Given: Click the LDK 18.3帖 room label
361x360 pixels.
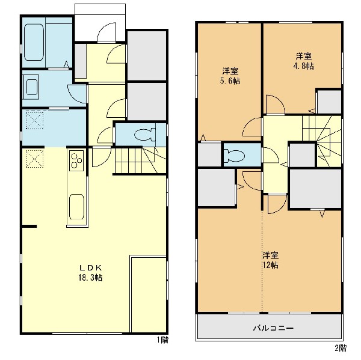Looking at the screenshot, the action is [90, 273].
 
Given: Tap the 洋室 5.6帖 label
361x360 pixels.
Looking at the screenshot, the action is [230, 76].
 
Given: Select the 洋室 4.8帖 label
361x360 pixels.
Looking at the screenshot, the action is [304, 61].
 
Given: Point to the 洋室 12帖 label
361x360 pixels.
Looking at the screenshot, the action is [271, 260].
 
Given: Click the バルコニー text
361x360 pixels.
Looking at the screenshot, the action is [273, 328].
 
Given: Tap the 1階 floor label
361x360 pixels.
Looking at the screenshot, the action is [162, 340].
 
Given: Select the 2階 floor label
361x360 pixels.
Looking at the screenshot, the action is [341, 348].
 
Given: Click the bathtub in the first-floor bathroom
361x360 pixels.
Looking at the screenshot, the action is [34, 42].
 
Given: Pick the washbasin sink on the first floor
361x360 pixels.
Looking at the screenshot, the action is [32, 87].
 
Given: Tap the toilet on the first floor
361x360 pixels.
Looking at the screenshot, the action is [143, 135].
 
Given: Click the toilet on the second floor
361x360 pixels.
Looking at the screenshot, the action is [234, 156].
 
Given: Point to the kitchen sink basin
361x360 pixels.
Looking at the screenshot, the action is [76, 206].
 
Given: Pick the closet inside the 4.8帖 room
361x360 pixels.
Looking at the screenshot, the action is [329, 102].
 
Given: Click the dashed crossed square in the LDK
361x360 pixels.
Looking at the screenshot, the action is [34, 159].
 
